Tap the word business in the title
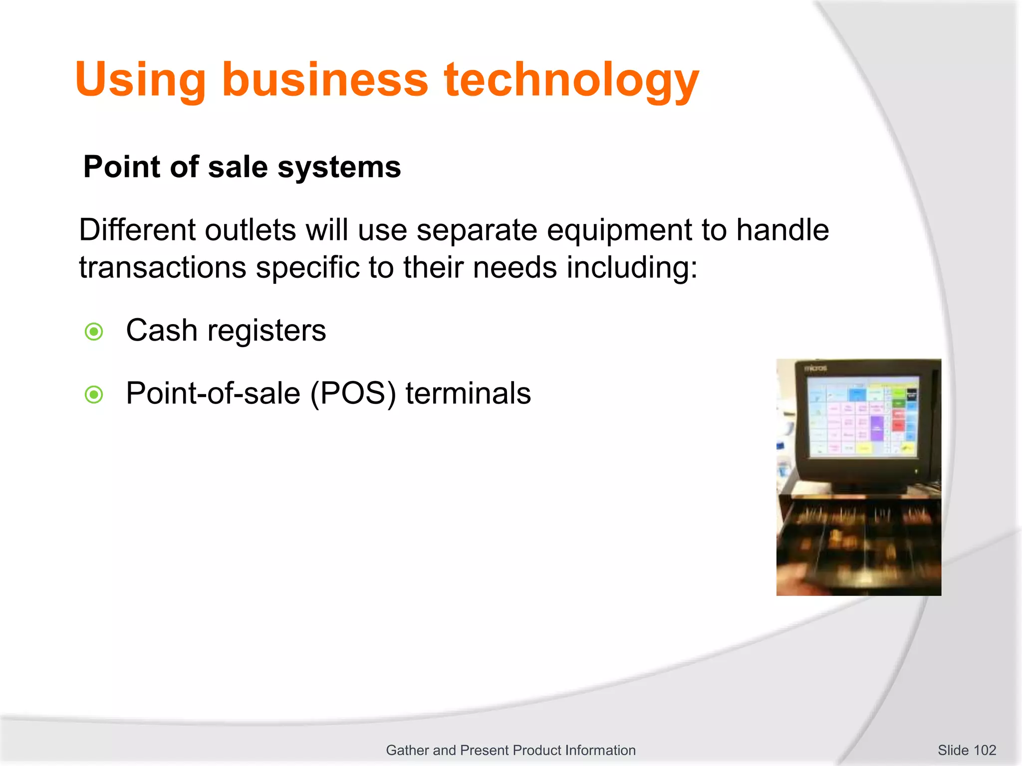tap(325, 80)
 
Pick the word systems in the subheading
tap(339, 167)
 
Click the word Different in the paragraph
tap(137, 230)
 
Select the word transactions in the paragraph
tap(163, 267)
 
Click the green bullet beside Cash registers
tap(94, 332)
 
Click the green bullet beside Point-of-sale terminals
tap(94, 395)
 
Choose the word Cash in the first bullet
tap(162, 330)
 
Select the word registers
tap(266, 331)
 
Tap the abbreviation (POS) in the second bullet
tap(353, 394)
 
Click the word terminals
tap(468, 393)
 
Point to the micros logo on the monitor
tap(816, 368)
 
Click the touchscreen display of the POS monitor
tap(862, 417)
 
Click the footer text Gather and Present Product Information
tap(511, 750)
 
